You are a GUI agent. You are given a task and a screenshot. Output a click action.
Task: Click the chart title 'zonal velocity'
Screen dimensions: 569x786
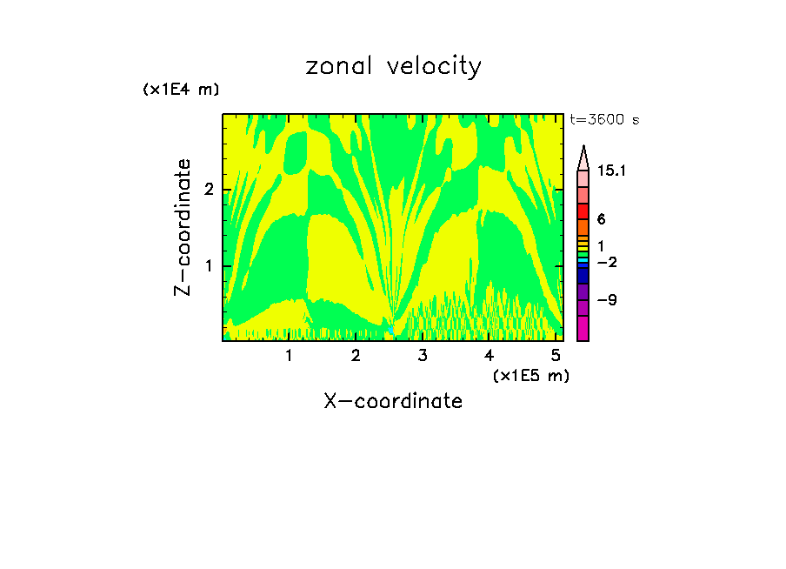[393, 67]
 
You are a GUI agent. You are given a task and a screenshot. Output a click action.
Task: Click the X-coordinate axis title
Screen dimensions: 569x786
[393, 401]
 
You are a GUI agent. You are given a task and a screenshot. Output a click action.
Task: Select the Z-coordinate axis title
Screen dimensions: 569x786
[183, 227]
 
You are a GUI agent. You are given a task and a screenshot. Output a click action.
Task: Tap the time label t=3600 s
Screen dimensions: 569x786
[604, 120]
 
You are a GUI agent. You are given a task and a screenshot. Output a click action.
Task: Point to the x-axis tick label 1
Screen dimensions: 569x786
[289, 356]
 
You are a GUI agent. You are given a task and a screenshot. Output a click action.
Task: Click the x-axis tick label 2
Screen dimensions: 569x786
[356, 356]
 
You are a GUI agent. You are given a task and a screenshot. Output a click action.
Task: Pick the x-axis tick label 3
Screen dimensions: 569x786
[423, 356]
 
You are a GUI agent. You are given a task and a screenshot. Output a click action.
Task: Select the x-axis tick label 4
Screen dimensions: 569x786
[490, 356]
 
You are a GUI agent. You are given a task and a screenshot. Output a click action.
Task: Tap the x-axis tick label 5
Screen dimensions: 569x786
[556, 356]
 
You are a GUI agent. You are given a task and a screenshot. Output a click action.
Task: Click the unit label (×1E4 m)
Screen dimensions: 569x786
[181, 90]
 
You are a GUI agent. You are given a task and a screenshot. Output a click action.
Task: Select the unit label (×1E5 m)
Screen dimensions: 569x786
[530, 376]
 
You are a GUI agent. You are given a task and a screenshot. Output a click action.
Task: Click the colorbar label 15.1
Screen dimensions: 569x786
[612, 171]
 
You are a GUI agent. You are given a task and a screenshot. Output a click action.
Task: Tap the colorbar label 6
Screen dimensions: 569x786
[601, 220]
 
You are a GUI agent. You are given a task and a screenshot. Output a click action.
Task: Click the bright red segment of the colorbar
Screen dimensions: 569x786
[583, 211]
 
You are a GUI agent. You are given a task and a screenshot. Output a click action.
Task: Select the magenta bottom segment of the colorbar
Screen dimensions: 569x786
[583, 328]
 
